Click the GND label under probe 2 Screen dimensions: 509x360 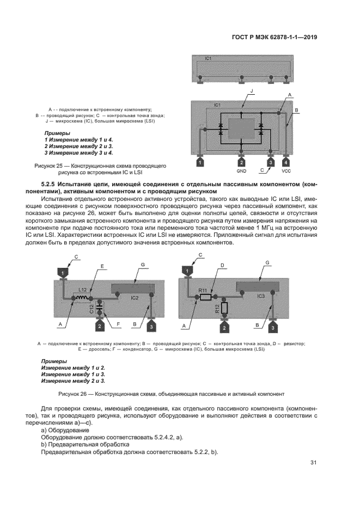click(x=242, y=171)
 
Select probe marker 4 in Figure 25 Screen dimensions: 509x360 click(x=287, y=162)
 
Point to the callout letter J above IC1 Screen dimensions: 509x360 click(x=251, y=91)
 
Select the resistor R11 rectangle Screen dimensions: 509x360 click(x=205, y=298)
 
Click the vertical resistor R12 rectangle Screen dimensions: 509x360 click(x=224, y=309)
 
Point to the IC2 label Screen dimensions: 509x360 click(x=135, y=298)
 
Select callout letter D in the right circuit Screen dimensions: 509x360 click(x=222, y=266)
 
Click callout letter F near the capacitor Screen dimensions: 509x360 click(x=119, y=325)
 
